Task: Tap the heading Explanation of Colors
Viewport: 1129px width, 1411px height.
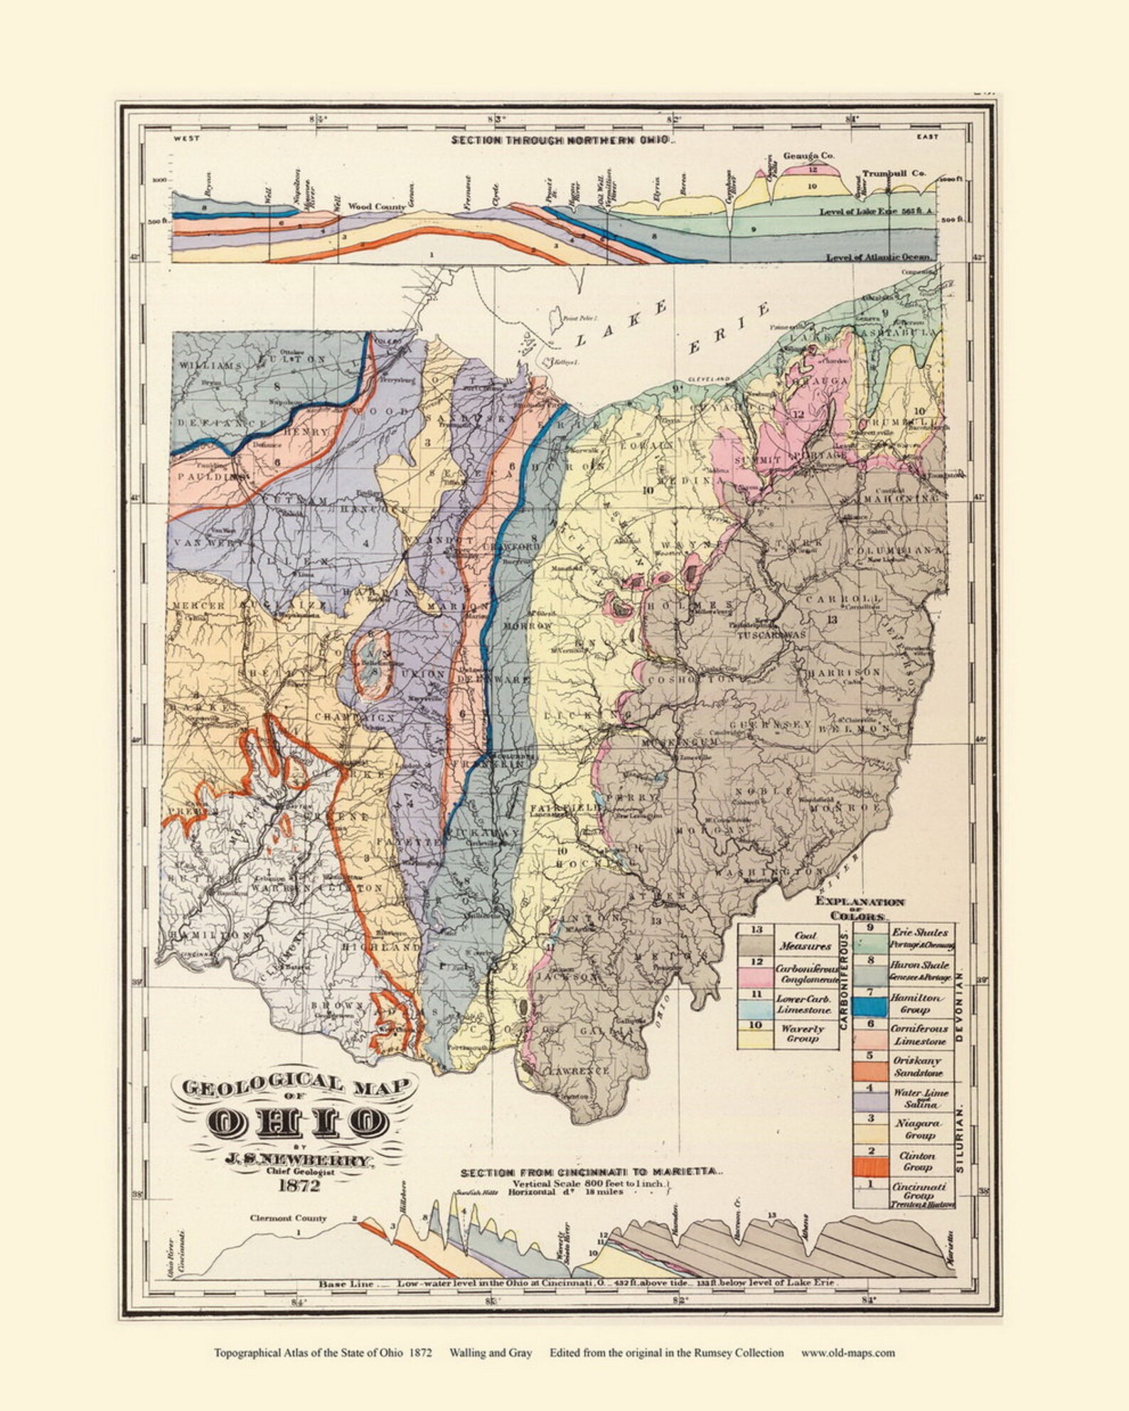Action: (x=860, y=908)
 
